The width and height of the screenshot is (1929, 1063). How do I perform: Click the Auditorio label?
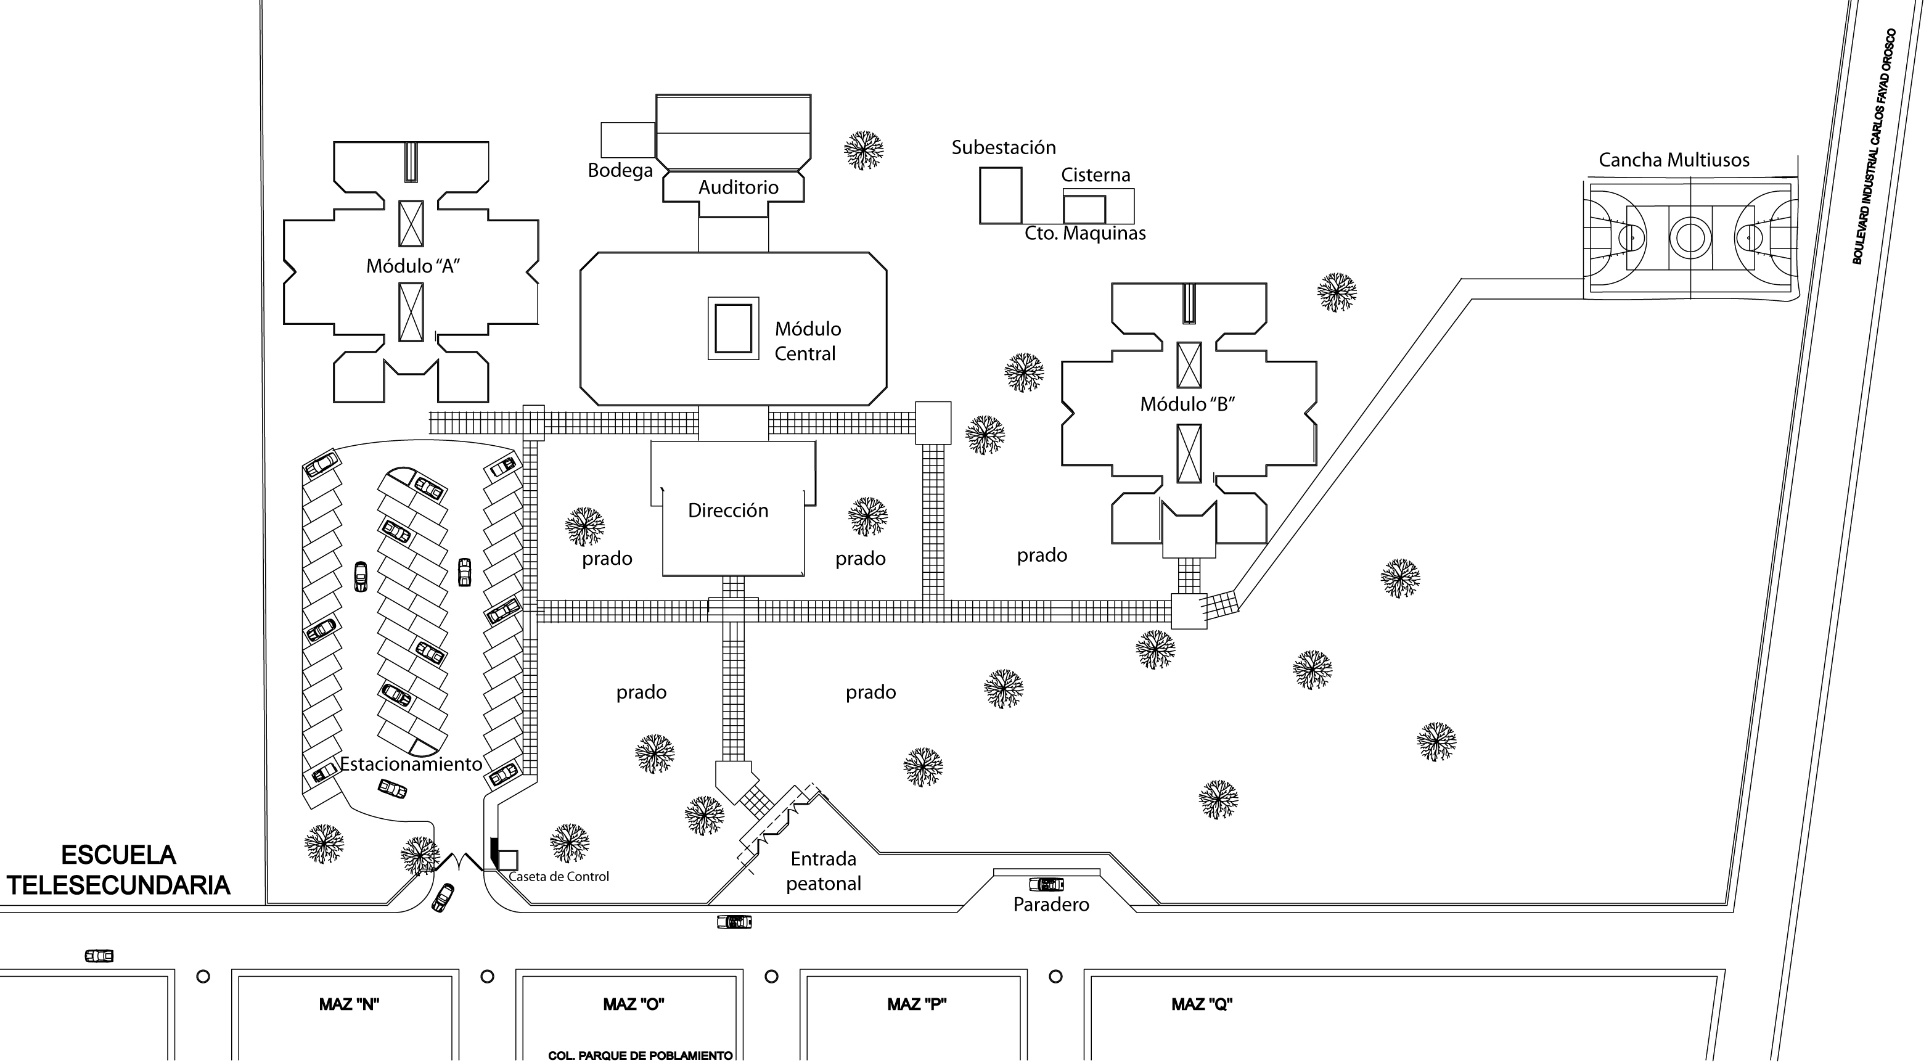tap(739, 187)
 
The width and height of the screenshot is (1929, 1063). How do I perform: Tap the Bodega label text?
tap(620, 171)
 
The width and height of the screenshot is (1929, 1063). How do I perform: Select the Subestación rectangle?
tap(1001, 195)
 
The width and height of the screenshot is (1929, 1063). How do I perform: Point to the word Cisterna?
tap(1096, 175)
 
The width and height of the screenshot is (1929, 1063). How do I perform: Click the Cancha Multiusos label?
tap(1674, 160)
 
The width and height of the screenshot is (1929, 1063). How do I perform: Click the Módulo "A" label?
tap(412, 266)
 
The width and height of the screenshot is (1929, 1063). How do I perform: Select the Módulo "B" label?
tap(1187, 404)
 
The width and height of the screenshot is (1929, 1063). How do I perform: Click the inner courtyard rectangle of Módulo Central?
tap(733, 328)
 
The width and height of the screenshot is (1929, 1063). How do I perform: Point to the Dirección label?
tap(728, 511)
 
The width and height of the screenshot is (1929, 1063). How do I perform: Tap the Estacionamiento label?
tap(411, 764)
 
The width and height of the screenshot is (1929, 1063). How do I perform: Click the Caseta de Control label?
tap(559, 876)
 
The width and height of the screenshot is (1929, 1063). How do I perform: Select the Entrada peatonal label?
tap(824, 871)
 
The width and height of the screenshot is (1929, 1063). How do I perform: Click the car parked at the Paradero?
tap(1046, 884)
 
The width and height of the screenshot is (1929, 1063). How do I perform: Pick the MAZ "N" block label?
tap(349, 1004)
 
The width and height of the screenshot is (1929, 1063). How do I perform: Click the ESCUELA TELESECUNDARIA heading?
tap(118, 871)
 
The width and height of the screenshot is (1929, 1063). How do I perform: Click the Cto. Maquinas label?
tap(1085, 233)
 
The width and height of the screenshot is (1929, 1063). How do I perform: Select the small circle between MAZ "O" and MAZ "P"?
tap(771, 976)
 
